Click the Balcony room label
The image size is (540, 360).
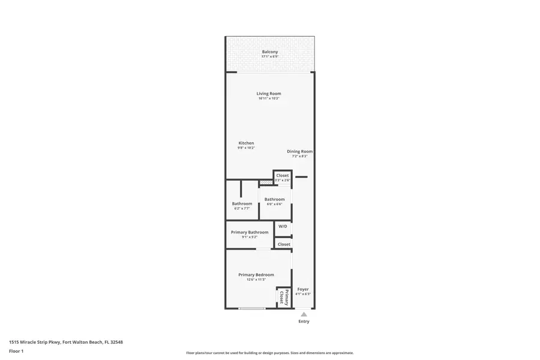[269, 52]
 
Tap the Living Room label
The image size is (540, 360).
[269, 94]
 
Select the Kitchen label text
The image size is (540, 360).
[246, 143]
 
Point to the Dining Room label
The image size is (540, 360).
[299, 151]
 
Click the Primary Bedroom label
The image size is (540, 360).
[256, 275]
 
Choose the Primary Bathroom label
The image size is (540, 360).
[250, 232]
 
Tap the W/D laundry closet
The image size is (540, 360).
[283, 226]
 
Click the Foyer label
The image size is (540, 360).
[303, 289]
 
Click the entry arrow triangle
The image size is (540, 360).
[304, 314]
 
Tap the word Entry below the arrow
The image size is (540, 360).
[304, 321]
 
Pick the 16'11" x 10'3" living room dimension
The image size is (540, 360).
[269, 98]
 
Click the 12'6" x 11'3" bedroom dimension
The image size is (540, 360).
[256, 280]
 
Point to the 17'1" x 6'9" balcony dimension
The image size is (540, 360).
[269, 56]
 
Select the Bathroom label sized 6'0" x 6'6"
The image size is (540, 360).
[274, 199]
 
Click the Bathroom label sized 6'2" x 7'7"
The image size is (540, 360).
[242, 203]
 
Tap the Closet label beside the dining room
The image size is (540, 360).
[282, 175]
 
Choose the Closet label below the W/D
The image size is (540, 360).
[284, 244]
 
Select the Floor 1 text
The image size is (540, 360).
[16, 351]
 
